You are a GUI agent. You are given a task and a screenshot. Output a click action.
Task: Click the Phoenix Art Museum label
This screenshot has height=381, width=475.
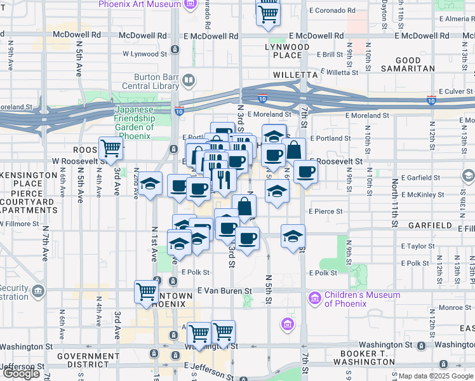pyautogui.click(x=140, y=4)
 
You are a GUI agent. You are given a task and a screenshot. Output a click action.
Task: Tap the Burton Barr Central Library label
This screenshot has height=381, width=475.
pyautogui.click(x=151, y=81)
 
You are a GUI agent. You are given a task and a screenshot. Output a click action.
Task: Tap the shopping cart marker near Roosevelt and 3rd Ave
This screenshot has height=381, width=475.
pyautogui.click(x=110, y=149)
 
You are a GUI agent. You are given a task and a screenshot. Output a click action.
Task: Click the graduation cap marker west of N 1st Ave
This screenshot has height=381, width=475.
pyautogui.click(x=151, y=185)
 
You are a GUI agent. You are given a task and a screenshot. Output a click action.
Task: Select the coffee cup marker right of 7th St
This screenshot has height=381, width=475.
pyautogui.click(x=305, y=171)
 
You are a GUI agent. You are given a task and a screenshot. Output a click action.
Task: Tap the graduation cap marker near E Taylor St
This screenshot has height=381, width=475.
pyautogui.click(x=292, y=236)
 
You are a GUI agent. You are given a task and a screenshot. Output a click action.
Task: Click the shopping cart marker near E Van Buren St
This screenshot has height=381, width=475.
pyautogui.click(x=146, y=292)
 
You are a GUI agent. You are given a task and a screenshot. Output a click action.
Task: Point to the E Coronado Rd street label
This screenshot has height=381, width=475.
pyautogui.click(x=332, y=11)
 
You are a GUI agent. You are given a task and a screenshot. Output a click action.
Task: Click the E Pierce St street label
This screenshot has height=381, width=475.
pyautogui.click(x=326, y=211)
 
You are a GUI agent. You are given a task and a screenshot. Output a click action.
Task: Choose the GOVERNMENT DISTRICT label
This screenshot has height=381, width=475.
pyautogui.click(x=84, y=361)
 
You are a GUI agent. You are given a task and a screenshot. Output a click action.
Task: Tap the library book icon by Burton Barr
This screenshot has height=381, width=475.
pyautogui.click(x=189, y=81)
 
